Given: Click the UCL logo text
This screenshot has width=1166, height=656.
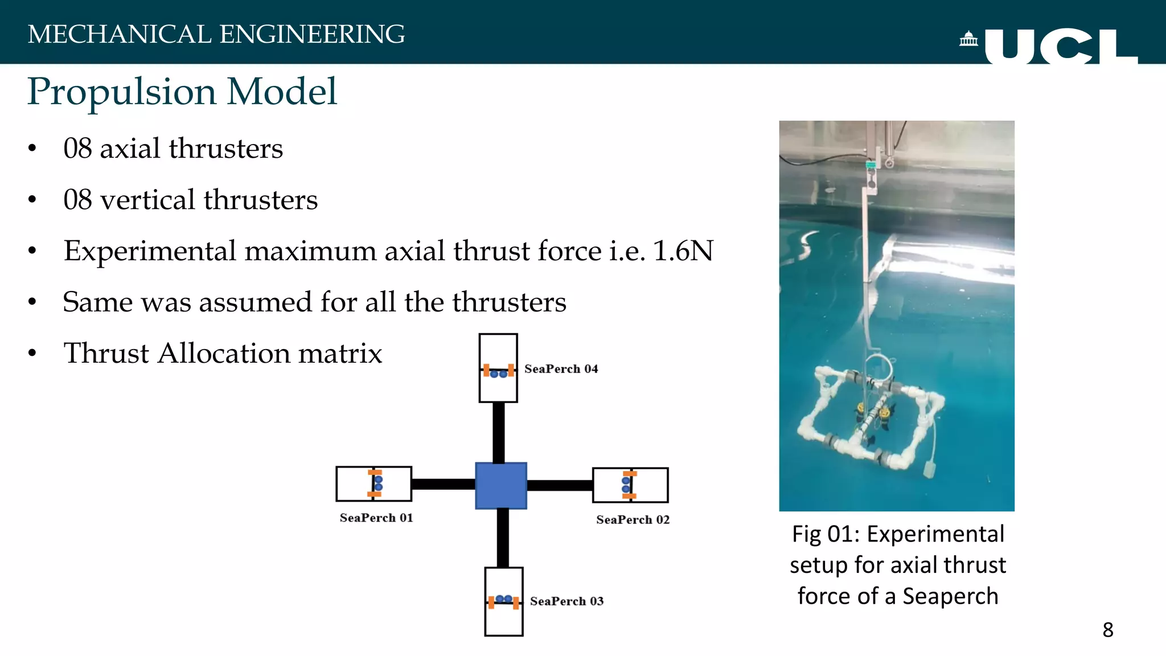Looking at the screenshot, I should pos(1060,47).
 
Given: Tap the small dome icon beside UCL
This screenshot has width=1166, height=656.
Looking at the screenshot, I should pos(968,39).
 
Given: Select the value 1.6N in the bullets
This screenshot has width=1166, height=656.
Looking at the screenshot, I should pos(683,251).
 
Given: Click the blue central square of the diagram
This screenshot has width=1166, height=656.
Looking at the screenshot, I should pos(501,485).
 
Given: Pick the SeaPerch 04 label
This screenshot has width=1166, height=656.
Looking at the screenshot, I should pos(561,369).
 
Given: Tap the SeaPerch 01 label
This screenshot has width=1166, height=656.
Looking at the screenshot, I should pos(376,518).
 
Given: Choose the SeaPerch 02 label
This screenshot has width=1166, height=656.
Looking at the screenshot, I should pos(633,519).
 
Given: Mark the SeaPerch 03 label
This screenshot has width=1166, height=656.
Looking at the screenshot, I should pos(566,601).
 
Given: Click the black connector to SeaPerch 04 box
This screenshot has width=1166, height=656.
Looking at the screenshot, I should pos(498,432).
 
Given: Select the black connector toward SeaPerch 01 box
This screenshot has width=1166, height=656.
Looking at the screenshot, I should pos(443,484).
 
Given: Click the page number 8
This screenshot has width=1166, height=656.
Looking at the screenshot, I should pos(1107,630).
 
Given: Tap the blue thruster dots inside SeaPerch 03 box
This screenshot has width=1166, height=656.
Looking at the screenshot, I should pos(504,599).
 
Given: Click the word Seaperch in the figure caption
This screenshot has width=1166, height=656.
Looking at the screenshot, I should pos(950,596).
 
